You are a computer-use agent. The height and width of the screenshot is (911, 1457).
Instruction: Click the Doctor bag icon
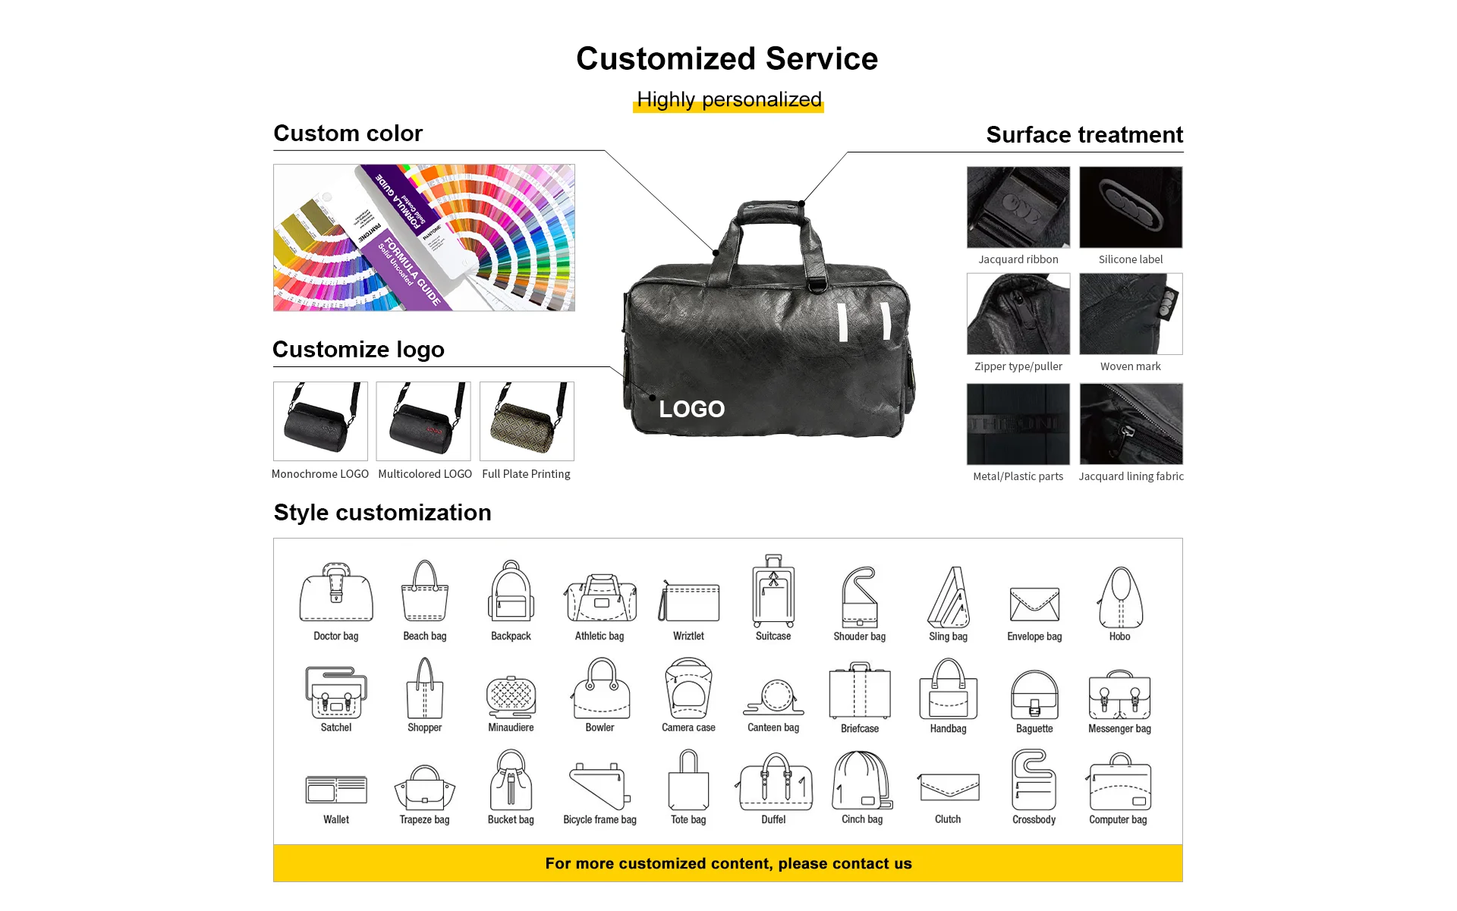(x=336, y=593)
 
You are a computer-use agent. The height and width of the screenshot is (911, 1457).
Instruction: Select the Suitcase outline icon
(x=773, y=591)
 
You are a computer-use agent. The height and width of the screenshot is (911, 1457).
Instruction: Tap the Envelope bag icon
(x=1034, y=604)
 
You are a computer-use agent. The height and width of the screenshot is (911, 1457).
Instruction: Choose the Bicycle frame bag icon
(x=599, y=786)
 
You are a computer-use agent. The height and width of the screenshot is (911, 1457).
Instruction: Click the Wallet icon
(x=336, y=790)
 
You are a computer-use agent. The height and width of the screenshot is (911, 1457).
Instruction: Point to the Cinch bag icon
(x=862, y=781)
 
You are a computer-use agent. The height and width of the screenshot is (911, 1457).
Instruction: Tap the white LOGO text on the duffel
(x=691, y=410)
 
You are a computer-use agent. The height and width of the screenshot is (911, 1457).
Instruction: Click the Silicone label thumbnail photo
(x=1131, y=207)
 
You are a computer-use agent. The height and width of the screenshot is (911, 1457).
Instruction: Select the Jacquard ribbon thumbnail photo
(x=1018, y=207)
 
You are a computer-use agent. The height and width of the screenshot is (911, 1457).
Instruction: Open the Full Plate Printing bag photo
(x=527, y=421)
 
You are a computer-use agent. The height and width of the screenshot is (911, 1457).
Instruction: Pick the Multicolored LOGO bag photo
(x=423, y=421)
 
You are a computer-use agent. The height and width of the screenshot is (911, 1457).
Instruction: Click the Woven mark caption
(x=1131, y=366)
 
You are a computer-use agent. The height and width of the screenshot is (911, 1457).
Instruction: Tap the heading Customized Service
(x=727, y=58)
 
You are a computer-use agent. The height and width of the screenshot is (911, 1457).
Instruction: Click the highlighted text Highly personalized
(x=728, y=99)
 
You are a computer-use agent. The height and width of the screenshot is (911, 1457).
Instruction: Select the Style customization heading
(x=382, y=513)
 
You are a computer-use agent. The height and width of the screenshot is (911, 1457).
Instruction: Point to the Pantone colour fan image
(x=424, y=237)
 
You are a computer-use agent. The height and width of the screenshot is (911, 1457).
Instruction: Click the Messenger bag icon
(x=1119, y=695)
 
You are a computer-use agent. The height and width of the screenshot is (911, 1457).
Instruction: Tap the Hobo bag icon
(x=1120, y=597)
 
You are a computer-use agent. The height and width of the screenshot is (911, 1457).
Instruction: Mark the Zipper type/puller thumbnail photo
(x=1018, y=314)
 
